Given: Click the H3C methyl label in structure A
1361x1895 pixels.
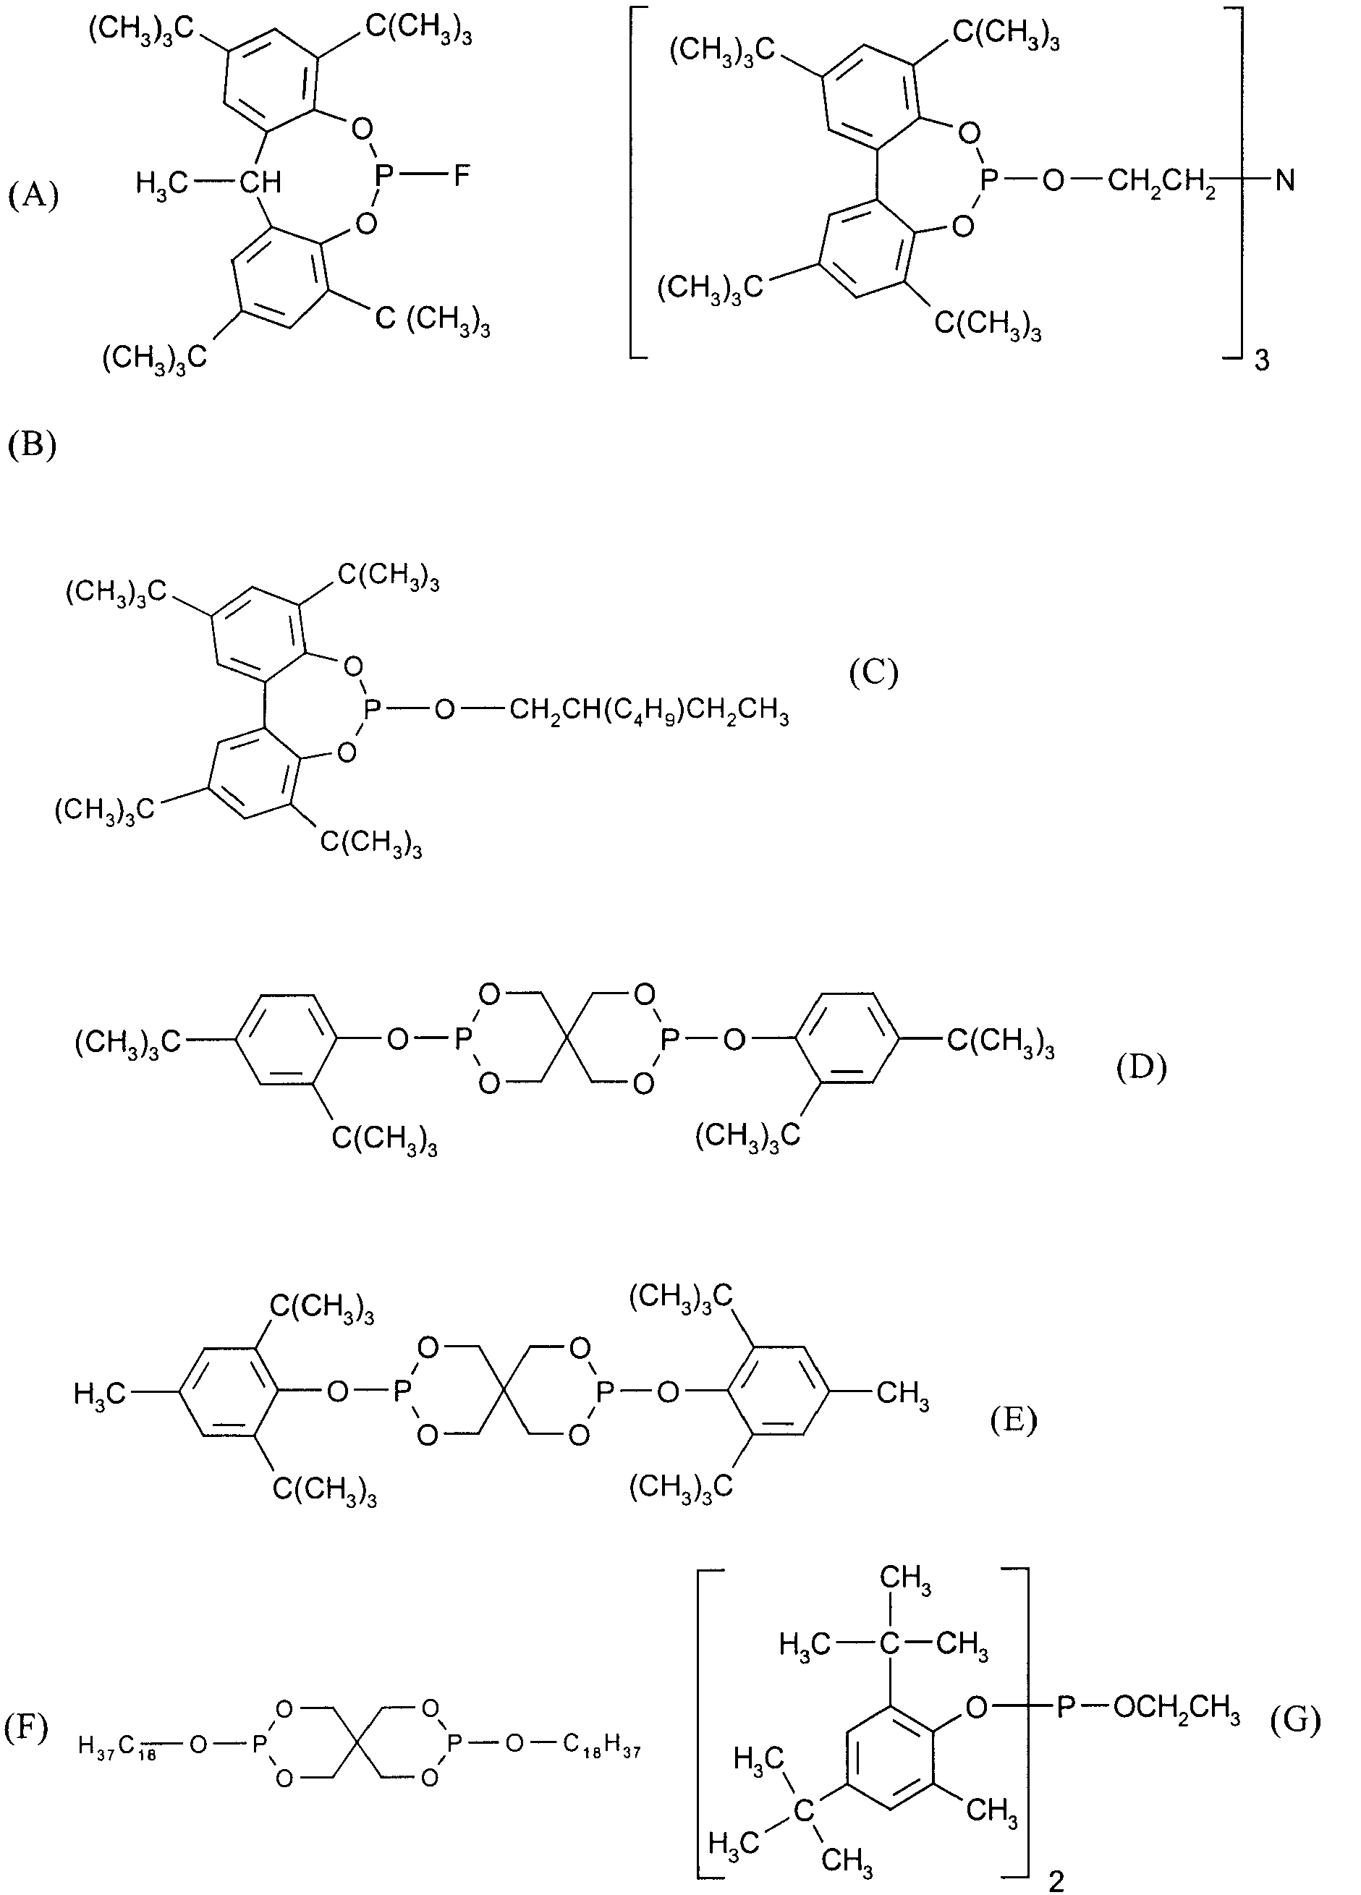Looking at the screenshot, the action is coord(161,182).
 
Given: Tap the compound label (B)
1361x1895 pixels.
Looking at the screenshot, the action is coord(32,444).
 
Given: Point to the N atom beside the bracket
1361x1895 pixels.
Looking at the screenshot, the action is coord(1285,180).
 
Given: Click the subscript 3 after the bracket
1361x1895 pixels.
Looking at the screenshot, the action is coord(1263,361).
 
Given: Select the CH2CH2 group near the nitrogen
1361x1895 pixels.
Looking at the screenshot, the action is coord(1161,182).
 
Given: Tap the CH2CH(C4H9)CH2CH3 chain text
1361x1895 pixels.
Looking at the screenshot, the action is coord(648,713).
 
